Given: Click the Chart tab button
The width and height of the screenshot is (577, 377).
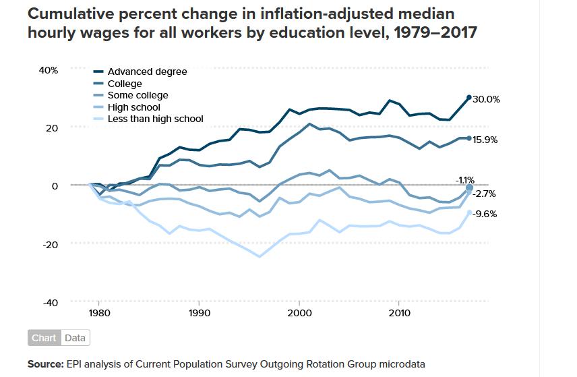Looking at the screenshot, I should [44, 338].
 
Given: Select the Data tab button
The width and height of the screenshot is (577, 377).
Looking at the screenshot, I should [75, 338].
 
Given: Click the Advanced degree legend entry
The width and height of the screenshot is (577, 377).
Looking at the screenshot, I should [147, 71].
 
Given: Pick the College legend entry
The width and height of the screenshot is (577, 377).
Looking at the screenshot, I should [125, 84].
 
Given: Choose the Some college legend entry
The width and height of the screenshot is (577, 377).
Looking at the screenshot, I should [138, 95].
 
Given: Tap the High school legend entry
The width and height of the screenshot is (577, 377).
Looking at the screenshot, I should [133, 107].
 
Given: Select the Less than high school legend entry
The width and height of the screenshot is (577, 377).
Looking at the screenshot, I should [155, 119].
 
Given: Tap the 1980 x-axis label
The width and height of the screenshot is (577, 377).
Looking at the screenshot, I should [99, 313].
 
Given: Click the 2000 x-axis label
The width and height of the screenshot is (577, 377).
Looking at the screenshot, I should [299, 313].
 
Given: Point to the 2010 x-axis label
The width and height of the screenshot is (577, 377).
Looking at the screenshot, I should [399, 313].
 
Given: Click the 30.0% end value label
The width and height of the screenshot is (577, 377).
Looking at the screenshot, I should [485, 99].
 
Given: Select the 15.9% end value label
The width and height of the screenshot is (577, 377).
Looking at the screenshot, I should [485, 140].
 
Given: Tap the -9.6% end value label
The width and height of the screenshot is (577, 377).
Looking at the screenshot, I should [484, 214].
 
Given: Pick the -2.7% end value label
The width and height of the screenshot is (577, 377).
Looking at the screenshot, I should [484, 194].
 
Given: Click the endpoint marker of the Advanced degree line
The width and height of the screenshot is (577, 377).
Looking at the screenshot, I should [469, 98].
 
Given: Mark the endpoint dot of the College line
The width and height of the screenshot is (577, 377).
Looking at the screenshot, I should [469, 138].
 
